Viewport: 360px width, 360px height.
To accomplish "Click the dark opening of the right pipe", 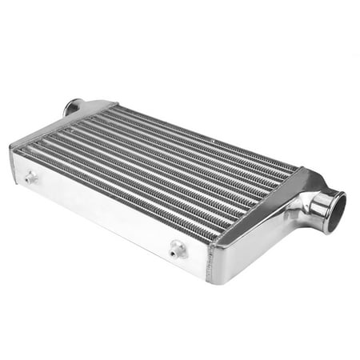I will [x=337, y=211].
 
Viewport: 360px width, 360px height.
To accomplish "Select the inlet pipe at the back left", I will [x=73, y=106].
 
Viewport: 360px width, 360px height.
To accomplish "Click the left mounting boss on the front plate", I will [x=30, y=178].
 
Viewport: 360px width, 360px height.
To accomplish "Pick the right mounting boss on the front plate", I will [x=177, y=250].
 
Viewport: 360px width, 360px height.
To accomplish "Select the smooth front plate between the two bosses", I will [x=104, y=212].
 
